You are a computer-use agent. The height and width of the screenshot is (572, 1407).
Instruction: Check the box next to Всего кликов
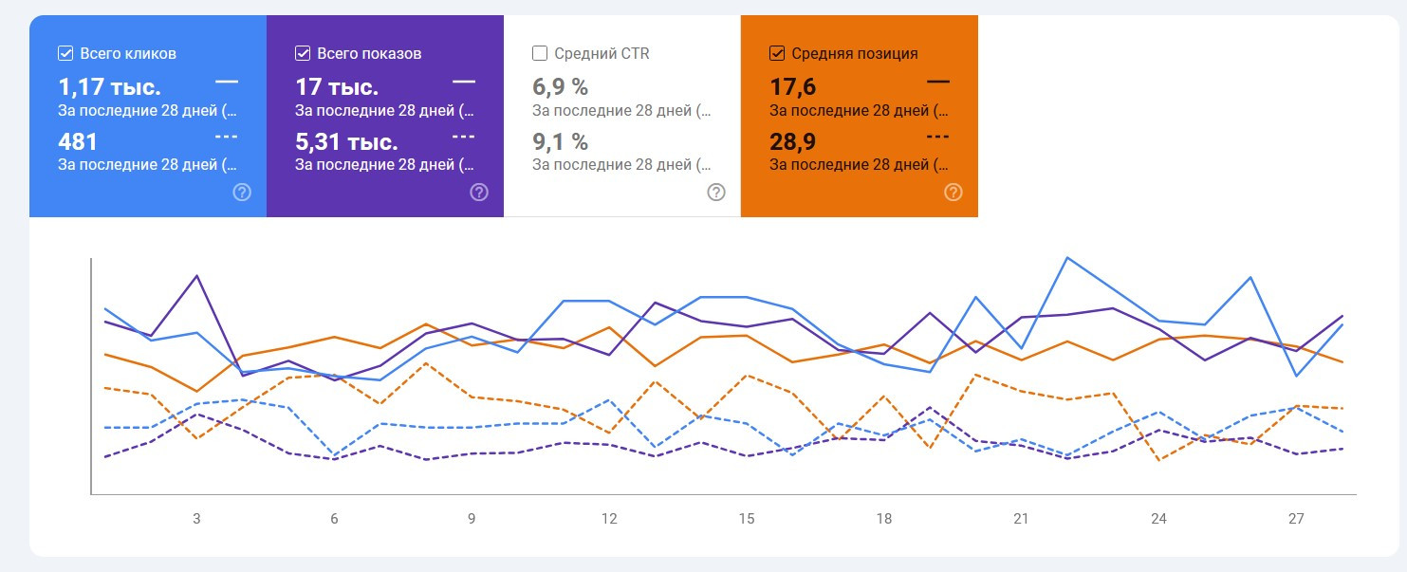click(x=65, y=53)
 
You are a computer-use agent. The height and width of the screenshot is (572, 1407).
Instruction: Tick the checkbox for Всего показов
click(x=303, y=53)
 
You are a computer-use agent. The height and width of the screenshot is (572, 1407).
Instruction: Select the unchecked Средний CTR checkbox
click(x=540, y=53)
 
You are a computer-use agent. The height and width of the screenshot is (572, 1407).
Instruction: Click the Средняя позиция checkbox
click(x=777, y=53)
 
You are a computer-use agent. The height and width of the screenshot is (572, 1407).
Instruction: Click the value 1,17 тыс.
click(x=109, y=88)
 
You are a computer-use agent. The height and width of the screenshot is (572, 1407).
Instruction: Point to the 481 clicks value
click(x=78, y=142)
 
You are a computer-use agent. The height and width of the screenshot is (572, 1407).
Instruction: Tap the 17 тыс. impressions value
click(x=337, y=88)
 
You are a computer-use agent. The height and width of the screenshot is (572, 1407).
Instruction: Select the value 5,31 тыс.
click(x=345, y=142)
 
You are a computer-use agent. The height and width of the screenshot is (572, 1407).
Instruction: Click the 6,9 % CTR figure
click(x=560, y=88)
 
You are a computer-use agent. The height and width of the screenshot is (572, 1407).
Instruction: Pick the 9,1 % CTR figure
click(x=560, y=142)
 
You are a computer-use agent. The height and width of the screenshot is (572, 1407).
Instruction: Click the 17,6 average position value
click(x=792, y=88)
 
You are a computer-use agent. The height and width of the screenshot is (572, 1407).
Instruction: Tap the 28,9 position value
click(x=792, y=142)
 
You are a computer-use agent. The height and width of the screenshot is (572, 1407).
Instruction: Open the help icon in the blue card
click(x=242, y=193)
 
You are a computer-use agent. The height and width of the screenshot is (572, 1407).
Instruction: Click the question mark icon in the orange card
click(x=953, y=193)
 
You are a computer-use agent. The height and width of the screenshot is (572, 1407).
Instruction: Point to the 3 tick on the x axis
click(x=196, y=519)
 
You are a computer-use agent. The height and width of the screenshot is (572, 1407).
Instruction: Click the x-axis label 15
click(x=747, y=519)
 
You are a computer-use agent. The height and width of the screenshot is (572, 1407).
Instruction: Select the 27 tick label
click(x=1296, y=519)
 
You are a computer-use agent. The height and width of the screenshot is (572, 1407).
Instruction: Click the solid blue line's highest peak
click(x=1067, y=257)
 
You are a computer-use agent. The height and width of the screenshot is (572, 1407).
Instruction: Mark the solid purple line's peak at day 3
click(x=196, y=276)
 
